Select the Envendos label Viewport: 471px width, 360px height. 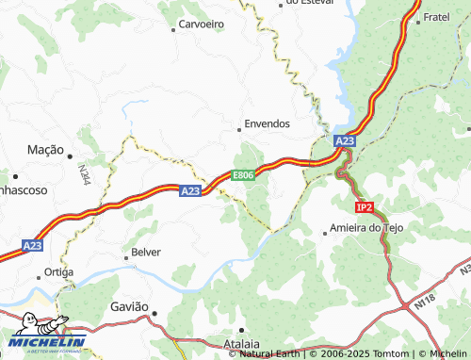click(x=267, y=123)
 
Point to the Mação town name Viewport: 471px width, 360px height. click(x=44, y=150)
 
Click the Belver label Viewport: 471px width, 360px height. click(x=146, y=252)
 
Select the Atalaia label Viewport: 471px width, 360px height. click(x=242, y=344)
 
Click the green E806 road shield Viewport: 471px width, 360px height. click(x=244, y=175)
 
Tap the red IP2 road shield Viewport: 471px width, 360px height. click(x=365, y=206)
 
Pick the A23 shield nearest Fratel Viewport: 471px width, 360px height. click(x=345, y=141)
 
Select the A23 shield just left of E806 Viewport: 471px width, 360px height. click(x=190, y=190)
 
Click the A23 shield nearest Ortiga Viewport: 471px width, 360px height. click(x=33, y=245)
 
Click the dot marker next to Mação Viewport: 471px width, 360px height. click(x=69, y=154)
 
